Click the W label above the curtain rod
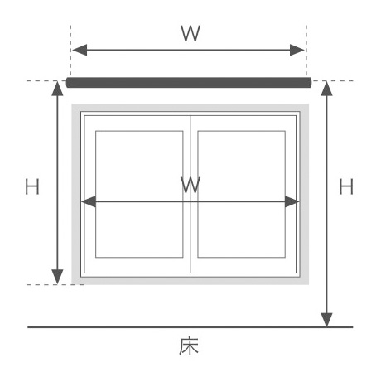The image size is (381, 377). coord(190,33)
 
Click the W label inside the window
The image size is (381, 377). coord(190,185)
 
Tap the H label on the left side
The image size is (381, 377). coord(32,186)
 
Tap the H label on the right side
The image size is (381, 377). coord(346,186)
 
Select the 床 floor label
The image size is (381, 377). coord(189,346)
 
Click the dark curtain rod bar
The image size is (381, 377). coord(189,83)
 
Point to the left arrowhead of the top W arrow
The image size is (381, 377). coord(80,50)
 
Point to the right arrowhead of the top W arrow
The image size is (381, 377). coord(297,50)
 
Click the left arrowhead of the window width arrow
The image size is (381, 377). coord(89,201)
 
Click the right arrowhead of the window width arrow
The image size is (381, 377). coord(292,201)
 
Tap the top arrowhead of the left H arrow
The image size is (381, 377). coord(57,89)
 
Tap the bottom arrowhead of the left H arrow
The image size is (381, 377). coord(57,277)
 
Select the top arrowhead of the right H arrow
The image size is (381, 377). coord(326,89)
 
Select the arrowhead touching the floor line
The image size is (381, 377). coord(326,320)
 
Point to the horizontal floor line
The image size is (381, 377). coord(190,327)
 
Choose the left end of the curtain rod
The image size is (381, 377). coord(67,83)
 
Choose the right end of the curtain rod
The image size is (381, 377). coord(311,83)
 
